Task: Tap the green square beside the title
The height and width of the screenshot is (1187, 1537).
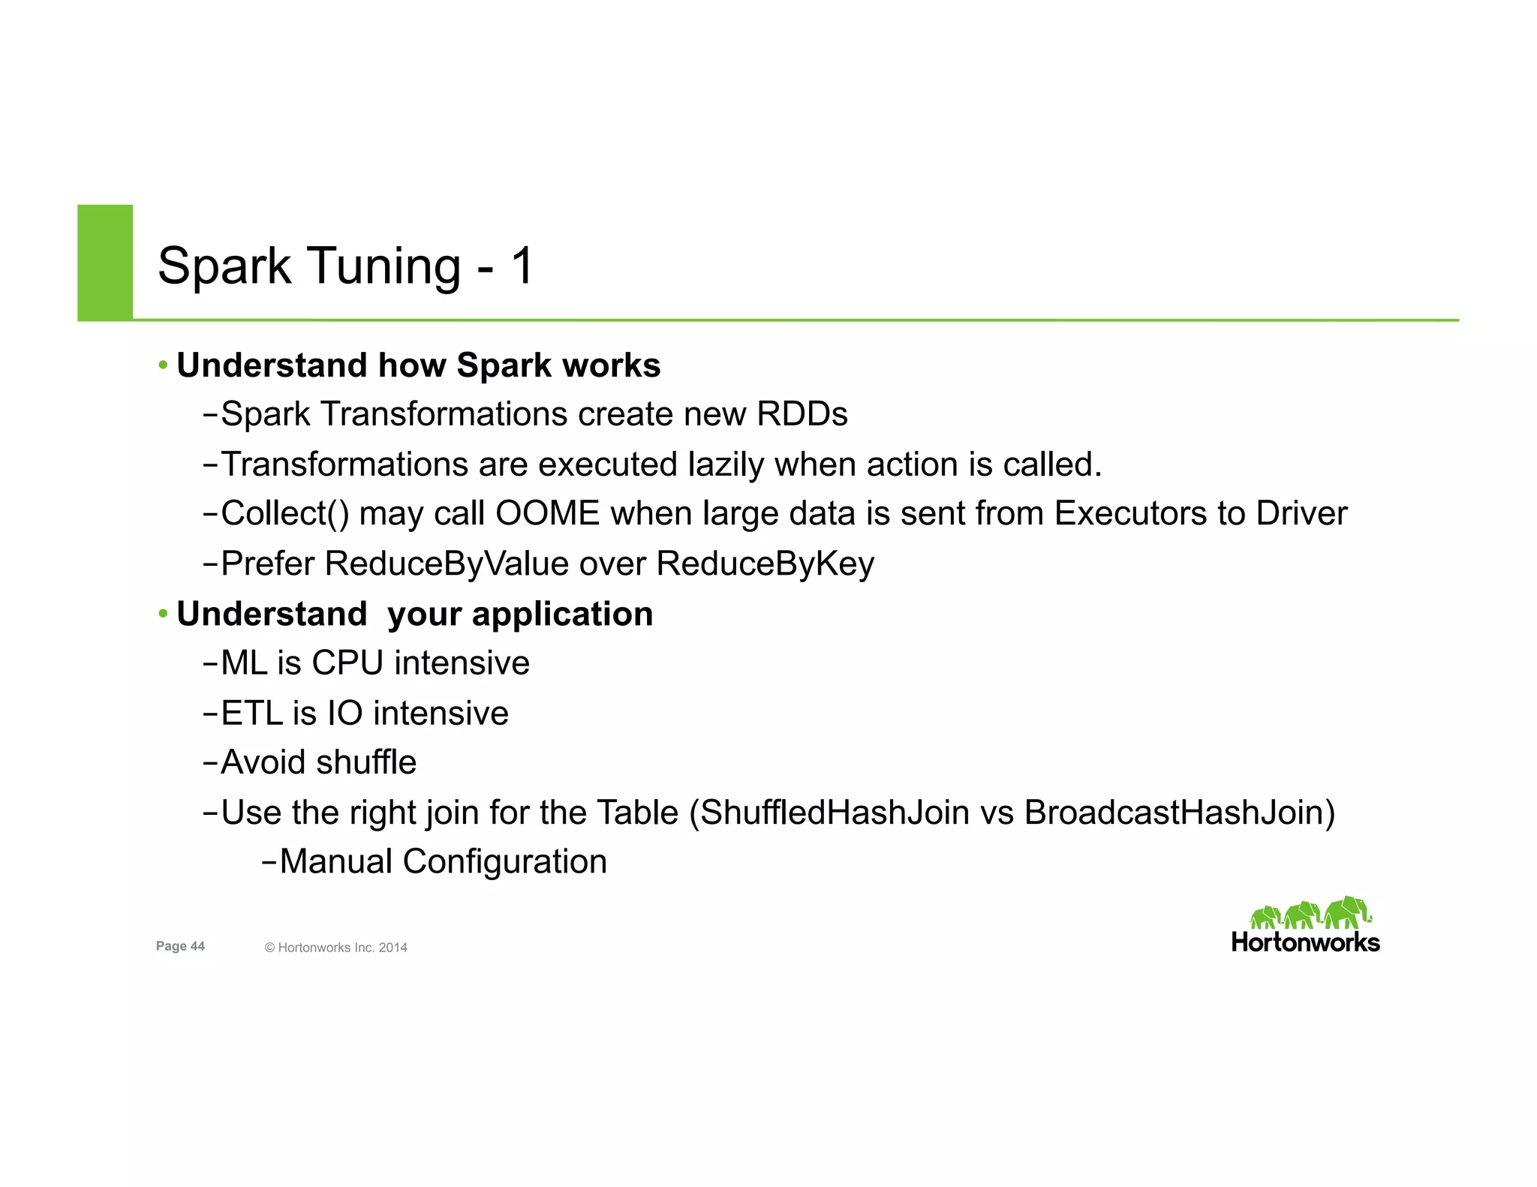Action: (105, 262)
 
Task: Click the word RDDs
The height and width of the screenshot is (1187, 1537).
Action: (802, 414)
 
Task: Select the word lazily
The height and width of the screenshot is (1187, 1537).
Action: (726, 464)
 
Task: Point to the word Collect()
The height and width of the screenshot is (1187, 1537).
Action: (285, 515)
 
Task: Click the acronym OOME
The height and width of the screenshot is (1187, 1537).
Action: (547, 514)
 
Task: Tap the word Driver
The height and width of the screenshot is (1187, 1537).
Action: (1301, 514)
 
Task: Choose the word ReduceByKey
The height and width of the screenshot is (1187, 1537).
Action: (765, 564)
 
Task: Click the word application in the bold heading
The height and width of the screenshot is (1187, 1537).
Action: (562, 615)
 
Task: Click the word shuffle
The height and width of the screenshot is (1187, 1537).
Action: (366, 763)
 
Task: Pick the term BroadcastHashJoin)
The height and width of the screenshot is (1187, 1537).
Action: (1180, 813)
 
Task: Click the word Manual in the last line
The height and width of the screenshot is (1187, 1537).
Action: (335, 862)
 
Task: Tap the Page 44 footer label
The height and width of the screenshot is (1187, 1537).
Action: (180, 946)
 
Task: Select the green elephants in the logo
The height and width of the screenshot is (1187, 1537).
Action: (1309, 914)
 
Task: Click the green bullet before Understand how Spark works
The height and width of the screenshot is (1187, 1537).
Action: (163, 366)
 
